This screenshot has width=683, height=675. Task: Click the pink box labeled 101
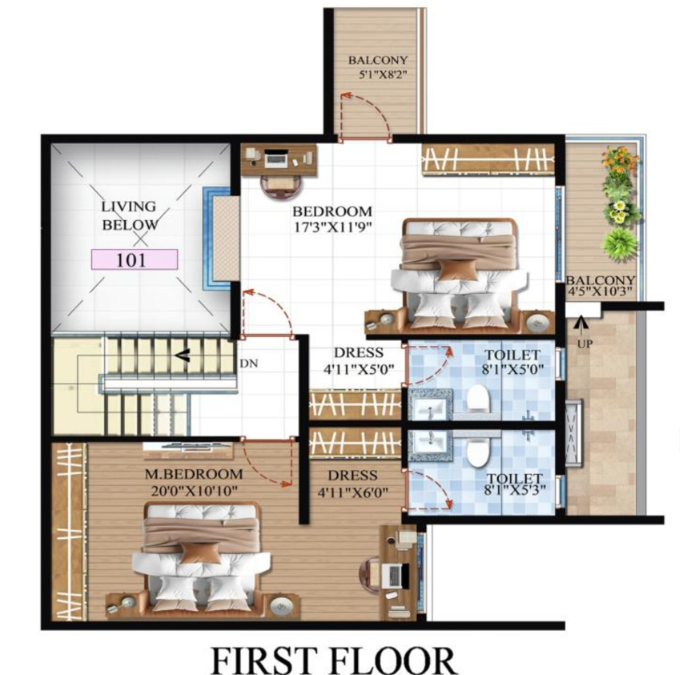pyautogui.click(x=134, y=259)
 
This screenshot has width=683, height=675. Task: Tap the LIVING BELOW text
pyautogui.click(x=128, y=215)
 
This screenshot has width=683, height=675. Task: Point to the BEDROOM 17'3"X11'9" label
pyautogui.click(x=331, y=219)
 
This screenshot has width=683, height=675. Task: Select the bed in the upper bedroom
pyautogui.click(x=456, y=272)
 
